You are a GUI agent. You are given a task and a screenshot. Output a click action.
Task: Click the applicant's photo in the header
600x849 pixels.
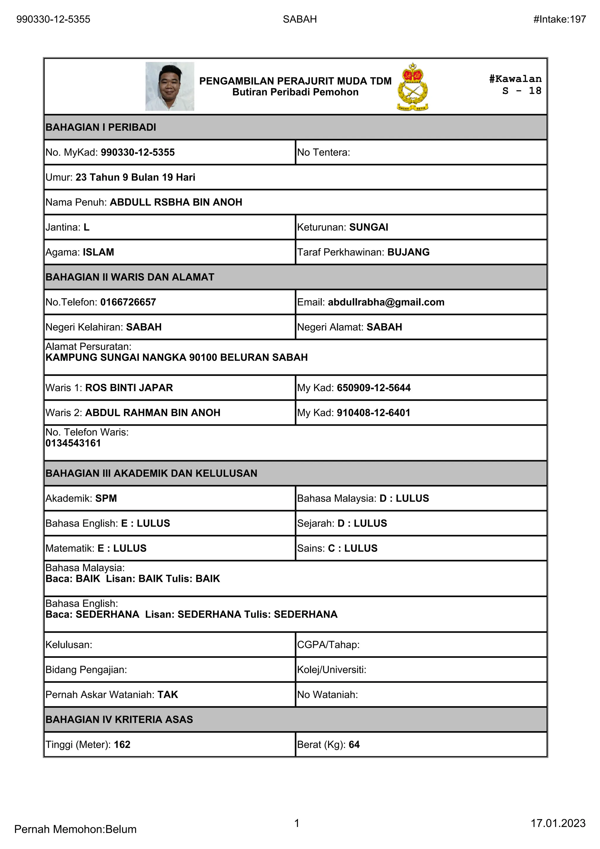pos(170,86)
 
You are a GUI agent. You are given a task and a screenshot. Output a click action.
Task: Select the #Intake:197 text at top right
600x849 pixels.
pos(559,19)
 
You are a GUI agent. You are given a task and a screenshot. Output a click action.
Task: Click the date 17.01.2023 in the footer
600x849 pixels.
pos(558,823)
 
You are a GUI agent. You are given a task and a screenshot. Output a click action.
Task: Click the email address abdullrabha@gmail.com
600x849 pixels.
pos(386,302)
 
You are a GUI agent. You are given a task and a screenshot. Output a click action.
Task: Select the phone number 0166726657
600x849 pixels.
pos(128,302)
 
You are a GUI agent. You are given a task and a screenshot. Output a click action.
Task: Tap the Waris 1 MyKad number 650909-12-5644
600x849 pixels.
pos(374,388)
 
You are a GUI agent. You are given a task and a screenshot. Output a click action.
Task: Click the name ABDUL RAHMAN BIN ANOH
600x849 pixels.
pos(153,413)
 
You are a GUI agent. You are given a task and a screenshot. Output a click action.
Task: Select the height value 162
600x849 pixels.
pos(122,744)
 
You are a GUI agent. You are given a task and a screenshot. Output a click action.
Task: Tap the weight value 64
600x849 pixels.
pos(354,744)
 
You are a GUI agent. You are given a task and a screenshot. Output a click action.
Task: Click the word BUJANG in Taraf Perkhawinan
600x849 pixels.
pos(408,252)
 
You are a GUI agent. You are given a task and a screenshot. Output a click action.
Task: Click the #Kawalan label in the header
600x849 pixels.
pos(515,79)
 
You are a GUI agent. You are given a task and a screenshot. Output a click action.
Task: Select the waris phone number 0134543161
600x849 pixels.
pos(73,443)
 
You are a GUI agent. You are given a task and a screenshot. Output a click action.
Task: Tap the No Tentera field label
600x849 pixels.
pos(323,152)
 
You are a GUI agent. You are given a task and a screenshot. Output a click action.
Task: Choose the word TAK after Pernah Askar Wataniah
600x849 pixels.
pos(168,695)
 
